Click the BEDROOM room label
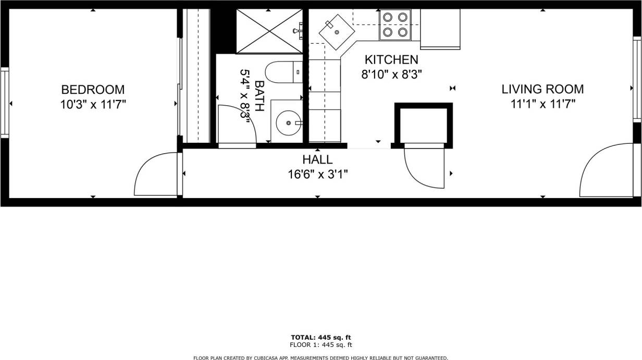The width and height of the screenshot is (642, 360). click(93, 89)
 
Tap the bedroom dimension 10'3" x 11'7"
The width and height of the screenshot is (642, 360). click(93, 104)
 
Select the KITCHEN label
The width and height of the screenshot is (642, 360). click(391, 59)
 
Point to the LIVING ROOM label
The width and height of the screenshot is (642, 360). click(542, 89)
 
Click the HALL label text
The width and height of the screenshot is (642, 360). click(317, 159)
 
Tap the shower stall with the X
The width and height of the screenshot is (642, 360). click(269, 31)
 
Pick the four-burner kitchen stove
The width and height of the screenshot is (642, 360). click(395, 24)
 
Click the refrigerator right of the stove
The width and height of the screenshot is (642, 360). click(440, 29)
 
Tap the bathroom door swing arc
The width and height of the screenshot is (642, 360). click(237, 125)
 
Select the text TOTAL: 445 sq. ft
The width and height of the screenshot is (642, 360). click(320, 337)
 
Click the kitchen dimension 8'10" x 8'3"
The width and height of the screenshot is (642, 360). click(391, 74)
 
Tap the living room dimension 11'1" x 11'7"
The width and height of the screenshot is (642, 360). click(542, 104)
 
